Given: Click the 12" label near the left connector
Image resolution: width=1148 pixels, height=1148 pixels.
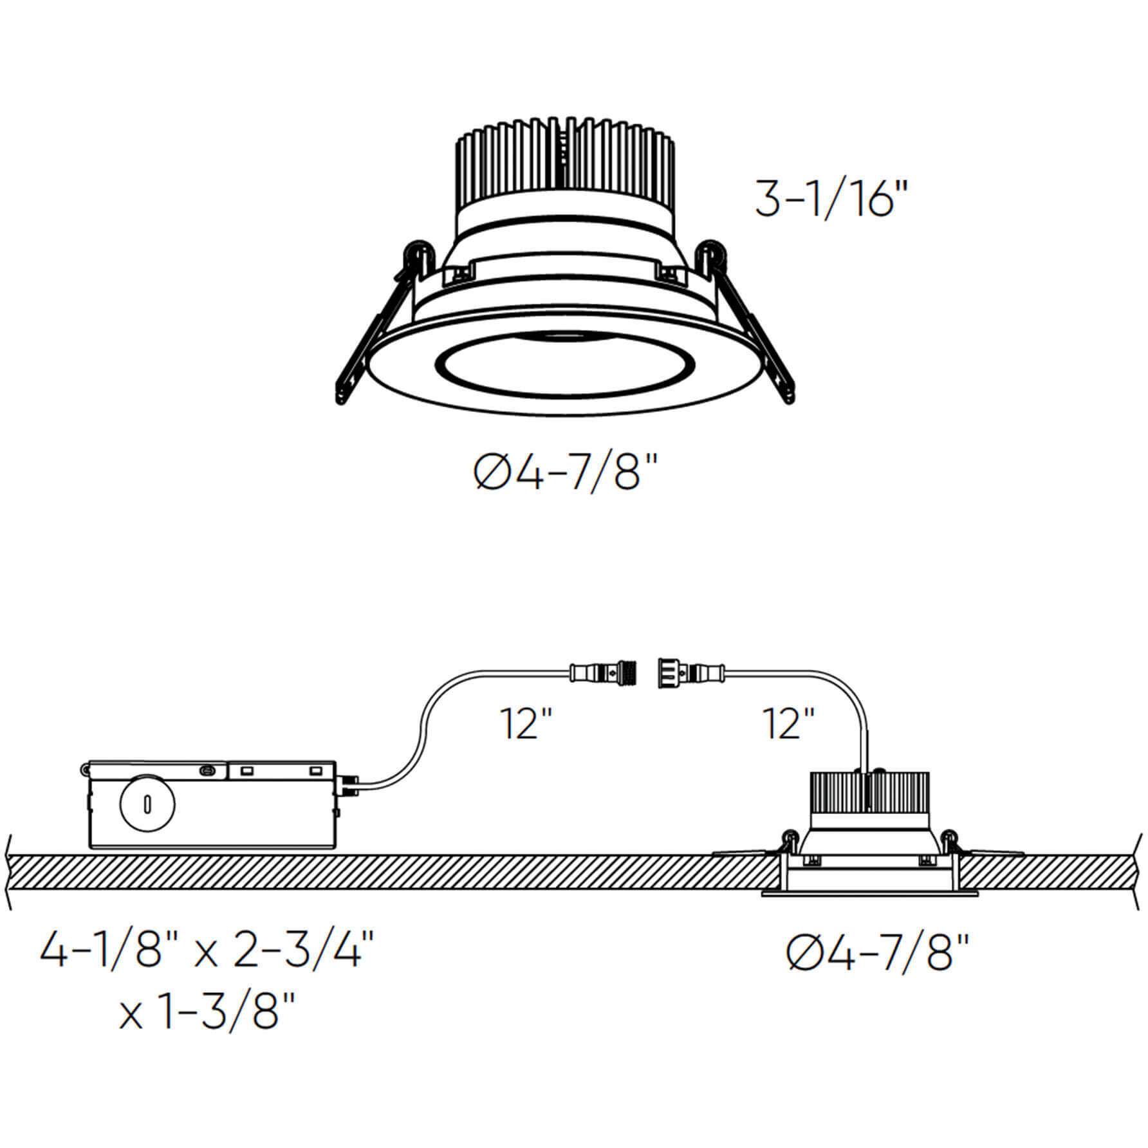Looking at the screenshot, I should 526,724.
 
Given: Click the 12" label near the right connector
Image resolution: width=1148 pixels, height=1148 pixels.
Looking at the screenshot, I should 788,724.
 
